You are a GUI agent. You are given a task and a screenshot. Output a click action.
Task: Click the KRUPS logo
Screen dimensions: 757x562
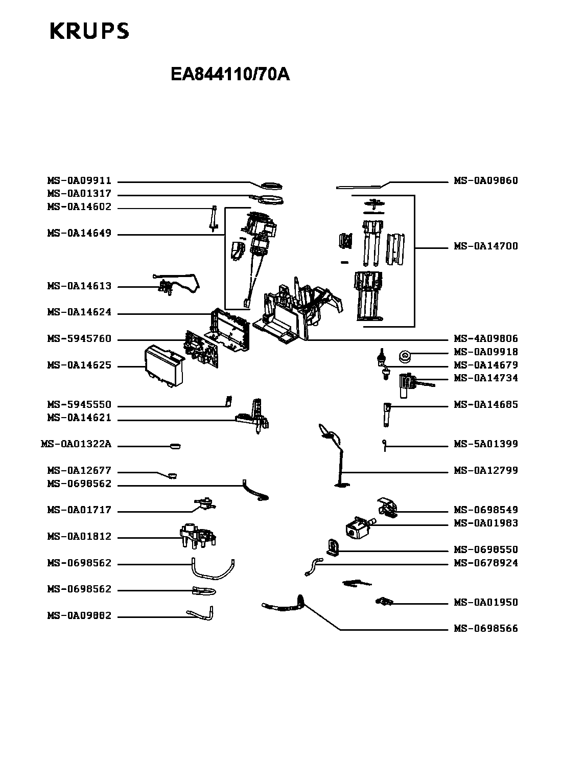tap(89, 31)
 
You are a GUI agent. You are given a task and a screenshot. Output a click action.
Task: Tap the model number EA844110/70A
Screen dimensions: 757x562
tap(230, 75)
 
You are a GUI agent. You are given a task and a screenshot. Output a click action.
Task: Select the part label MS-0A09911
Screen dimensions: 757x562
tap(79, 181)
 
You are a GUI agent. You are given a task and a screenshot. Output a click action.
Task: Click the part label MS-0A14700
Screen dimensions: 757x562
tap(486, 246)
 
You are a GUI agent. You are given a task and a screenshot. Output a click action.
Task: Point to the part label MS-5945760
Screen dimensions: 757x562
tap(79, 339)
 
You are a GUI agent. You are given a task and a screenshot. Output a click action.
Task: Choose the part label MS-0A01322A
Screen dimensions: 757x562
tap(76, 444)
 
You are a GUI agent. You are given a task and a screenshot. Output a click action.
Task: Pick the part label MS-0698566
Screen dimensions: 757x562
tap(486, 629)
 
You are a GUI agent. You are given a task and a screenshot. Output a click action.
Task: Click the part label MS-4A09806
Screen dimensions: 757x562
tap(486, 339)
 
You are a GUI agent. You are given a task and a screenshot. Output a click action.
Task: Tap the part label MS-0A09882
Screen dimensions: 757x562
tap(79, 616)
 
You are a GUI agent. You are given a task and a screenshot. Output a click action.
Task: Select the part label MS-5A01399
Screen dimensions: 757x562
tap(486, 444)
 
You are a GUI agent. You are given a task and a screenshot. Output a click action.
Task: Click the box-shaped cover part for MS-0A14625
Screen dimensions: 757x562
tap(163, 364)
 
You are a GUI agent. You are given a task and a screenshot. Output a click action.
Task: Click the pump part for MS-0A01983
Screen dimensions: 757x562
tap(359, 527)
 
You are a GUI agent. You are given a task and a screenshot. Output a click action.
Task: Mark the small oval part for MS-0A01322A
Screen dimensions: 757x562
tap(174, 446)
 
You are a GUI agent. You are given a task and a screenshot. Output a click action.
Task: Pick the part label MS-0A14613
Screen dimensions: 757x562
tap(79, 286)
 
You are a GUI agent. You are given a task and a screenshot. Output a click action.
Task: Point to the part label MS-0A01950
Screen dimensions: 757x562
tap(486, 603)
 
